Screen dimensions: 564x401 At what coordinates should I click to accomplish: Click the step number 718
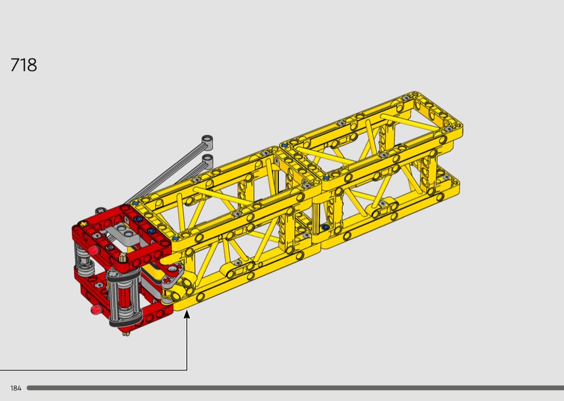(24, 65)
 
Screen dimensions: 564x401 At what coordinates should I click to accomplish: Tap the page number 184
(16, 388)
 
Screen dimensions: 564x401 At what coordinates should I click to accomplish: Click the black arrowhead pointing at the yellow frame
(187, 314)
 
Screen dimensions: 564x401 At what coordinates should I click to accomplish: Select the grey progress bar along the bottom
(295, 388)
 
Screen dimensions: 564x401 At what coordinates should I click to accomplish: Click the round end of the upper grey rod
(207, 140)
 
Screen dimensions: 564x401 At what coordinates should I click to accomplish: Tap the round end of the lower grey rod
(207, 159)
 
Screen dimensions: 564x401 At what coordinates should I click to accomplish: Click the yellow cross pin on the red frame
(84, 224)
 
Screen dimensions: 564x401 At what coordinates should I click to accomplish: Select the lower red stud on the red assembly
(96, 309)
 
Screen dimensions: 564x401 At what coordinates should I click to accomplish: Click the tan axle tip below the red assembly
(125, 334)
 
